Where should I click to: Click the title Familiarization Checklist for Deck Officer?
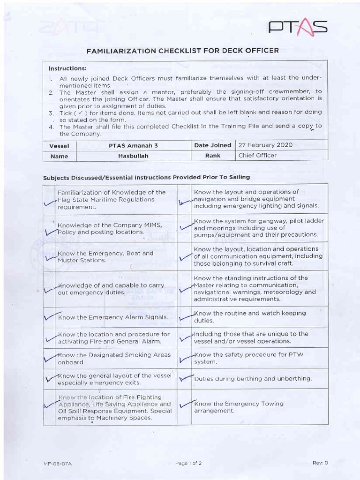click(x=183, y=50)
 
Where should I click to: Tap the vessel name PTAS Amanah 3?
click(x=133, y=145)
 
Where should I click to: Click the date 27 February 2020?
click(x=265, y=145)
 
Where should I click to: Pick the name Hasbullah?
click(x=133, y=156)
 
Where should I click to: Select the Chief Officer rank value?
click(x=257, y=155)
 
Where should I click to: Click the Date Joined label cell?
click(x=212, y=145)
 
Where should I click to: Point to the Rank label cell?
click(x=212, y=156)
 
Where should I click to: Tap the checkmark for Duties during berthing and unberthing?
click(x=186, y=378)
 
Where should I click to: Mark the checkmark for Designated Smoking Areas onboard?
click(x=51, y=359)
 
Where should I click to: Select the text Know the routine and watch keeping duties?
click(x=249, y=316)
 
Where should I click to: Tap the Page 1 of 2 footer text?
click(x=188, y=463)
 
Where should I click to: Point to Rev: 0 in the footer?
click(x=320, y=463)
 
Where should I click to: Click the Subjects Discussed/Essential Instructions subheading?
click(x=146, y=177)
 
